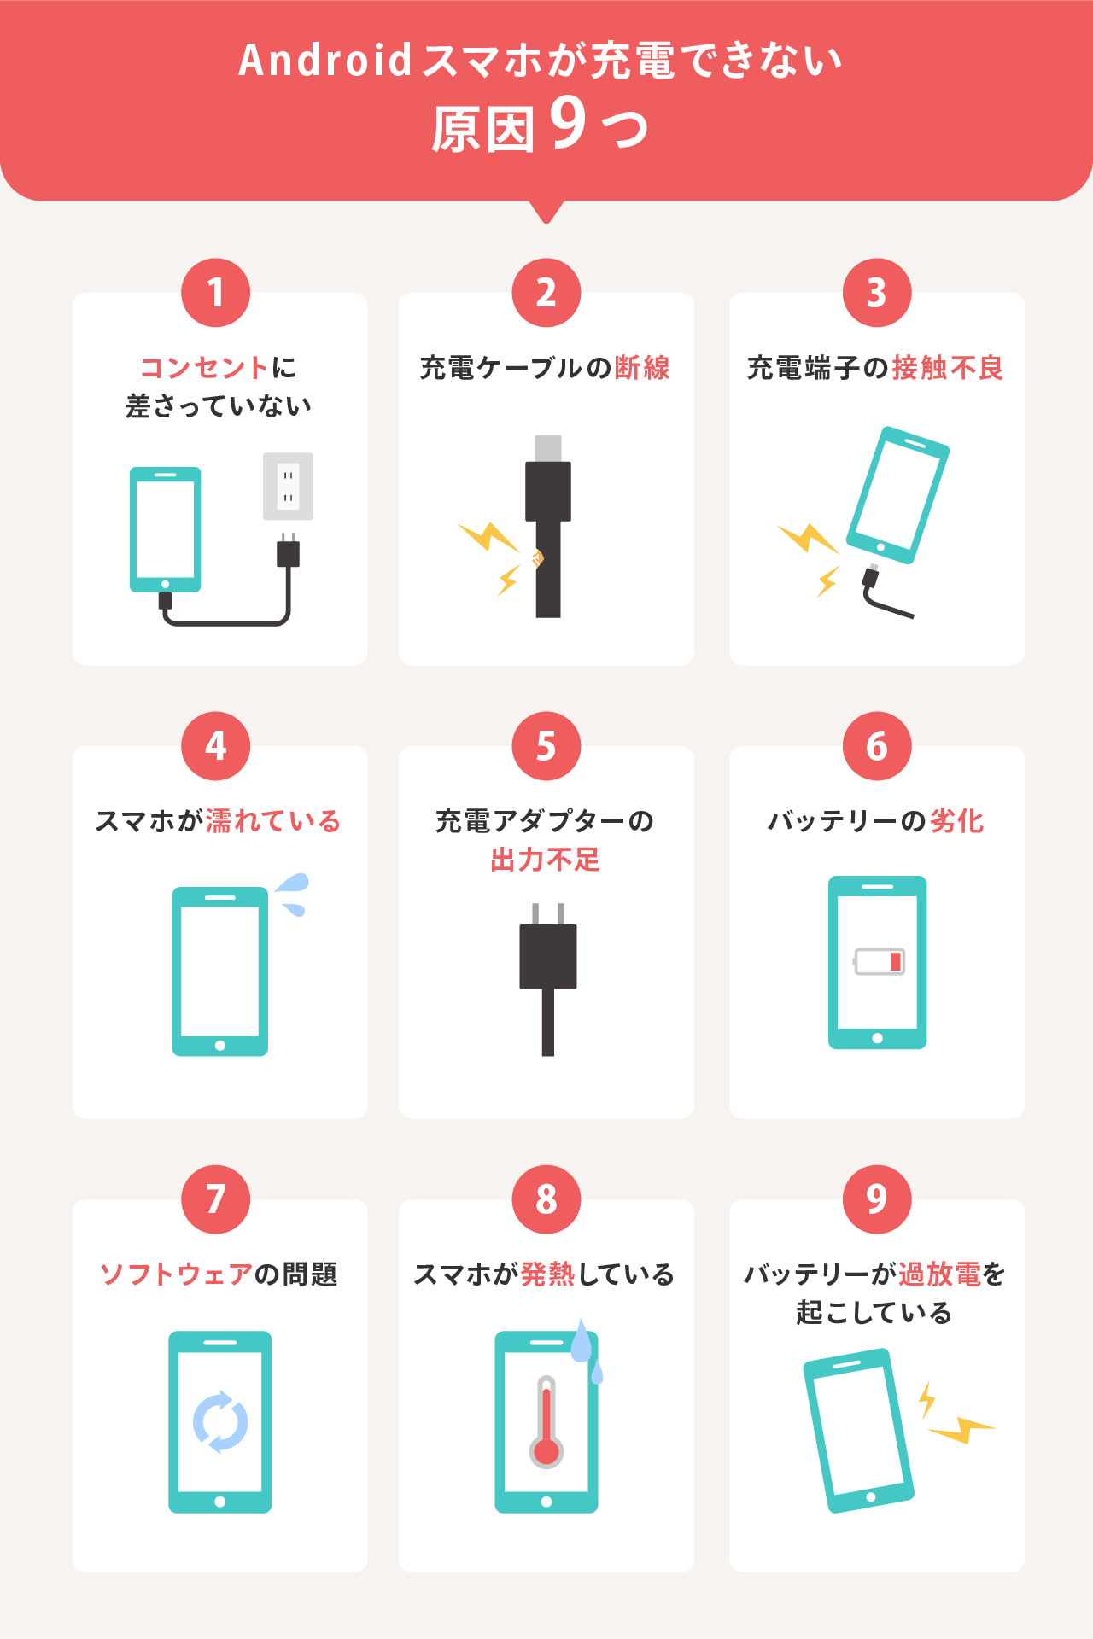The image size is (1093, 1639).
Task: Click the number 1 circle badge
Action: click(x=215, y=293)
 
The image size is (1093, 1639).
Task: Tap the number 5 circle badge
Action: click(x=546, y=746)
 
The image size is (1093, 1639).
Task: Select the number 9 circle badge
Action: click(x=877, y=1199)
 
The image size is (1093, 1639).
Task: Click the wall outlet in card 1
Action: click(x=288, y=487)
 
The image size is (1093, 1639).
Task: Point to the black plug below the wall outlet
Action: click(x=289, y=551)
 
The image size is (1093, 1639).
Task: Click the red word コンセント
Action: click(x=205, y=368)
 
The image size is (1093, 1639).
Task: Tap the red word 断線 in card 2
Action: click(x=642, y=368)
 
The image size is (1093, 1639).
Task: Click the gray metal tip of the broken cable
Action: click(x=548, y=448)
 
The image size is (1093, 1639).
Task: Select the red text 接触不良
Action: click(x=948, y=368)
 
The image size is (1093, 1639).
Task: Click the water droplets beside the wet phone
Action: click(x=292, y=894)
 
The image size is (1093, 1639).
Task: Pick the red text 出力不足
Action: click(x=546, y=860)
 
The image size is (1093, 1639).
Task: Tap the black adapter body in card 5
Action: click(x=548, y=956)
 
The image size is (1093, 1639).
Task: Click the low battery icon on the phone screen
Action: click(x=880, y=962)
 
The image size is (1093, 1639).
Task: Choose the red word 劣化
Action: click(x=957, y=821)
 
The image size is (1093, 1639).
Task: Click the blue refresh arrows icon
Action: click(x=220, y=1422)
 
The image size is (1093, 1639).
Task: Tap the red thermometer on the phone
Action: click(x=546, y=1421)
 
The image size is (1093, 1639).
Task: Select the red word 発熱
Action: click(x=548, y=1274)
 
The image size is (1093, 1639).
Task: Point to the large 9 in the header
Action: click(x=569, y=123)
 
